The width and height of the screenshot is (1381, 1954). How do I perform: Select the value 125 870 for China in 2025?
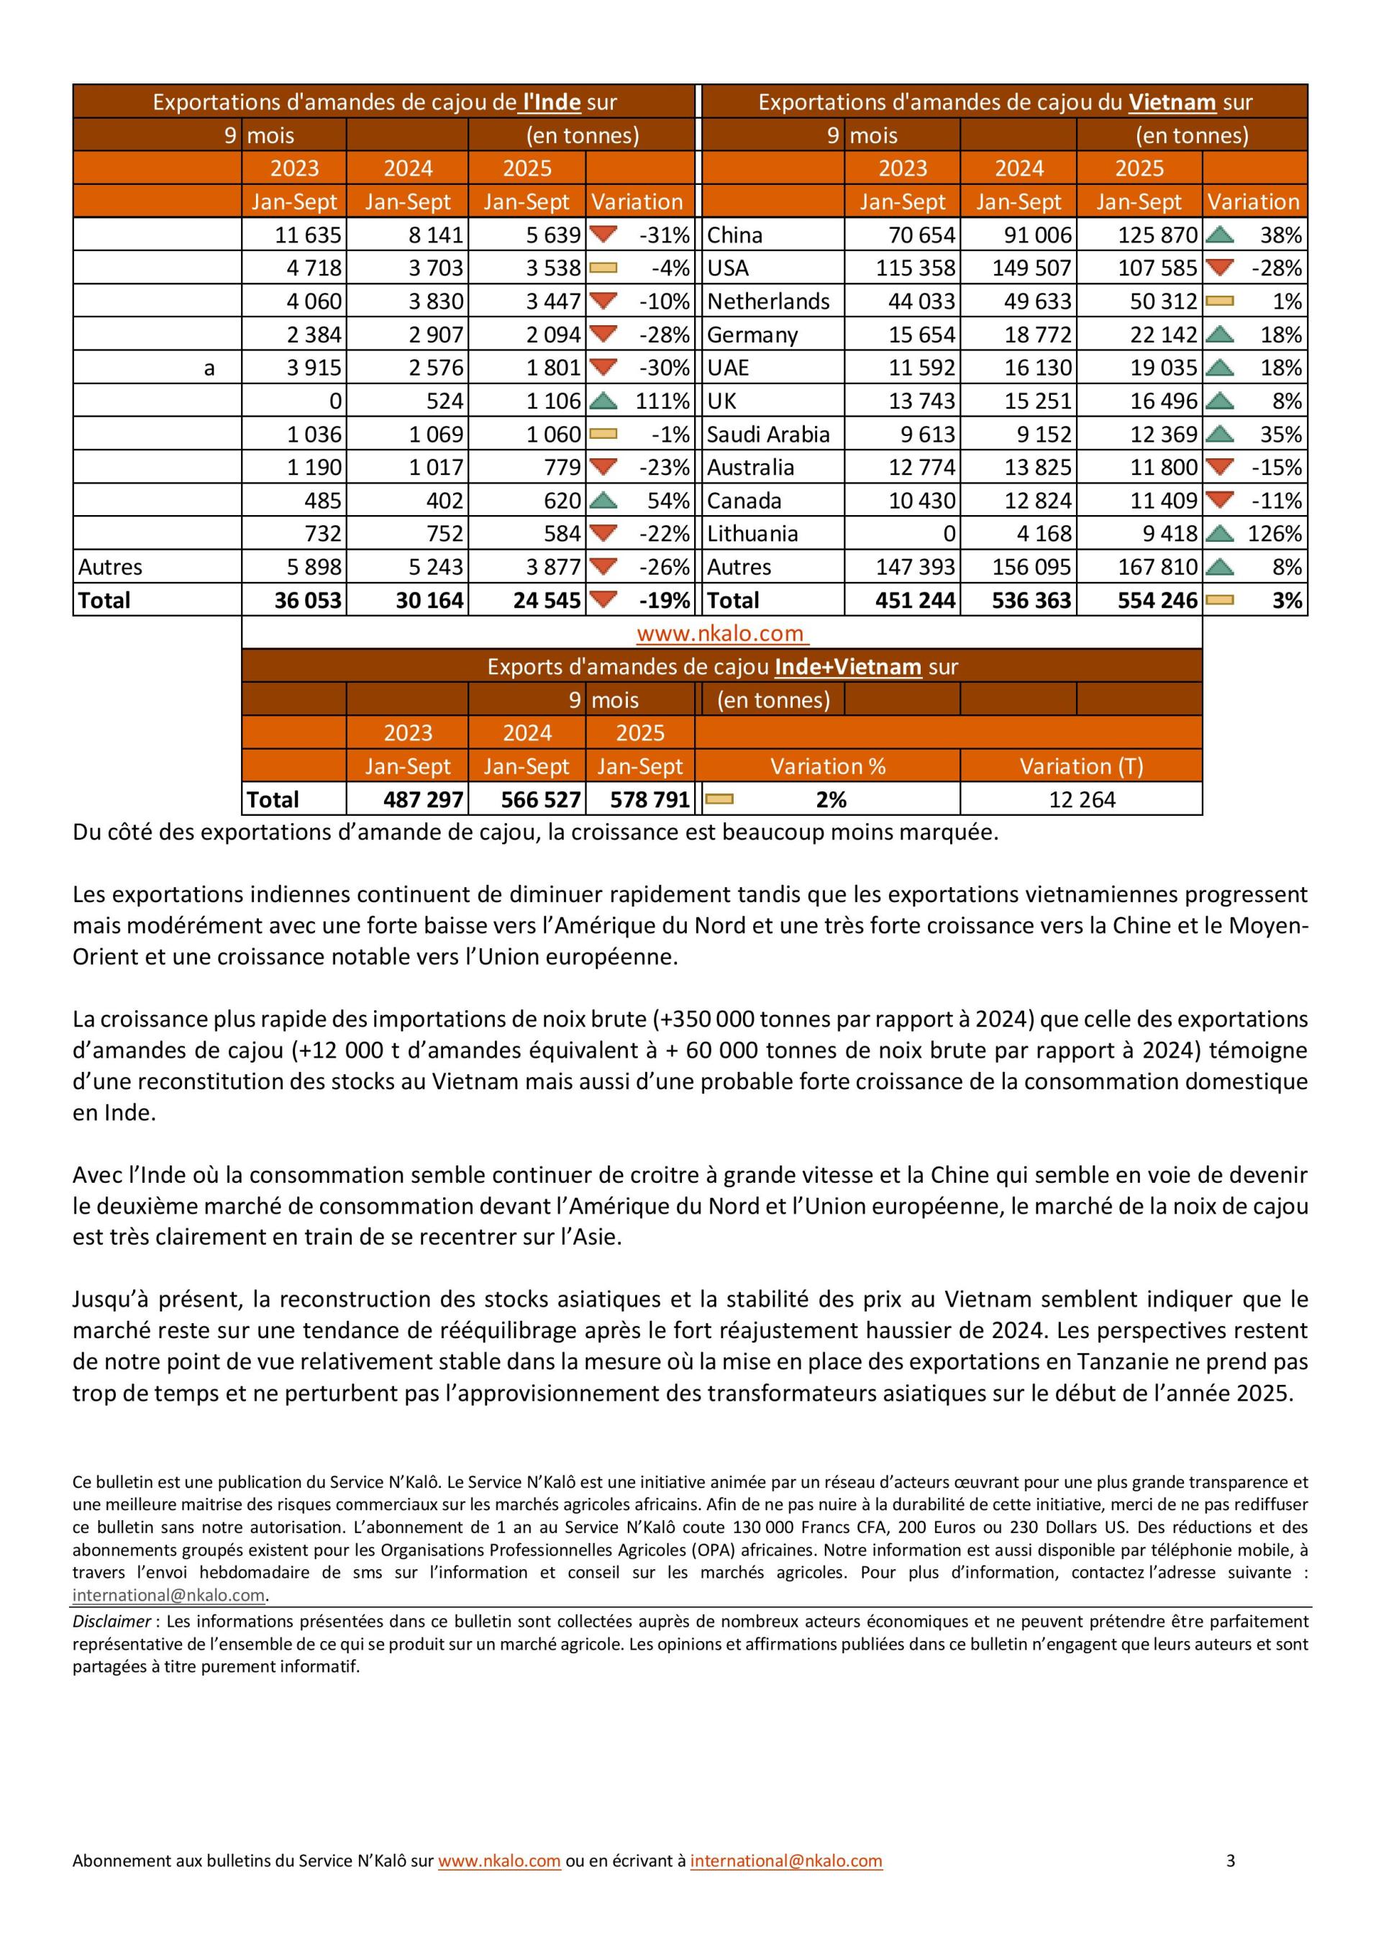click(1157, 235)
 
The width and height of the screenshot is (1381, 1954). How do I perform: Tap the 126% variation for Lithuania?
click(1275, 534)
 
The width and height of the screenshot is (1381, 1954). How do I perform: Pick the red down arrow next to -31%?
click(603, 234)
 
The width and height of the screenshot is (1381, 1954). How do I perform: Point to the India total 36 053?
click(308, 600)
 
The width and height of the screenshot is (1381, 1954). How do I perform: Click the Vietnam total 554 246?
click(1157, 600)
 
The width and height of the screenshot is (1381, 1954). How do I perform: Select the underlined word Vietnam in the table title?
click(1172, 102)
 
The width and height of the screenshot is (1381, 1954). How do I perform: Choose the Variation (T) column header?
click(1082, 766)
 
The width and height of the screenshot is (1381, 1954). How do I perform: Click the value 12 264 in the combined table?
click(1082, 799)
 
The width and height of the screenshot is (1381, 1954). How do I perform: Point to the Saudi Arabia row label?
click(767, 434)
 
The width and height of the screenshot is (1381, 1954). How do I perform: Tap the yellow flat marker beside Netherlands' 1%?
click(1219, 301)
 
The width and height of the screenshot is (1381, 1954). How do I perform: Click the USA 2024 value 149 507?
click(1032, 268)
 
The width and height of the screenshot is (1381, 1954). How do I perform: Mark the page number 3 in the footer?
click(1231, 1860)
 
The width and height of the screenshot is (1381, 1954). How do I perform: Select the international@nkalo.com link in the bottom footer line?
click(785, 1860)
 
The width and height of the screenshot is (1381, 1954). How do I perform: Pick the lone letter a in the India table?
click(209, 368)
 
